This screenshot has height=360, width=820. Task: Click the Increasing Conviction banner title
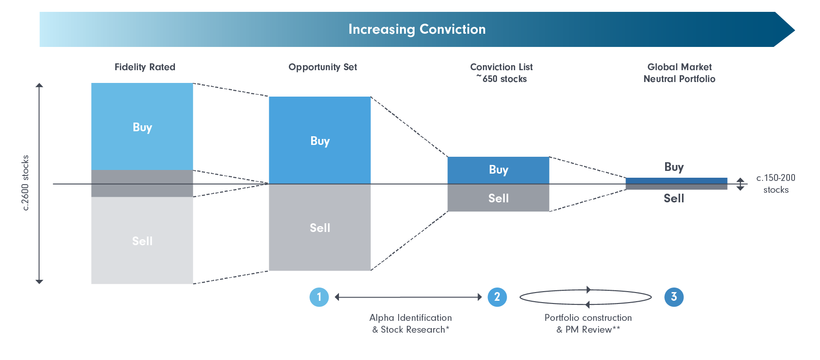coord(417,29)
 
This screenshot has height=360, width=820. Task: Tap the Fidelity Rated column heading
coord(145,67)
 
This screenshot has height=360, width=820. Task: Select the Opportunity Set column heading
coord(323,67)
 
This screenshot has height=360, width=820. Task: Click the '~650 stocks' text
coord(502,79)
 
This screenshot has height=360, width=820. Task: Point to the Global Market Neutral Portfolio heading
coord(679,73)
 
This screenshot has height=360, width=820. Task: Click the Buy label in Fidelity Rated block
coord(142,127)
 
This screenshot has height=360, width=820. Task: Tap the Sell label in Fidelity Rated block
coord(142,241)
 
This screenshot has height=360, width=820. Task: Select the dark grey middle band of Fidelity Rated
coord(142,184)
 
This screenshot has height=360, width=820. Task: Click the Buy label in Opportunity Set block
coord(320,141)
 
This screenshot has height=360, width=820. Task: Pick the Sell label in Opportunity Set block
coord(320,228)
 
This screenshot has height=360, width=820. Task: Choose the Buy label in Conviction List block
coord(498,170)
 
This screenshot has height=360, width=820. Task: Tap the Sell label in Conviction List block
coord(498,198)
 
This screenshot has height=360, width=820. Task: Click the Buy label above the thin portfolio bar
coord(674,167)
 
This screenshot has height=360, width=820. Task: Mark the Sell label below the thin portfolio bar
coord(674,198)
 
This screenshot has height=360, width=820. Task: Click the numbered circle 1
coord(319,297)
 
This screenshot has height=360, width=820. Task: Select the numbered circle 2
coord(497,297)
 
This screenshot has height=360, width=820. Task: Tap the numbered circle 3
coord(674,297)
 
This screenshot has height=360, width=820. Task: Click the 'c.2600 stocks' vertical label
coord(26,183)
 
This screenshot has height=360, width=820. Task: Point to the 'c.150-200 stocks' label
coord(775,184)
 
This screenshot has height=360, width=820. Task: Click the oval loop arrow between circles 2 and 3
coord(585,297)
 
